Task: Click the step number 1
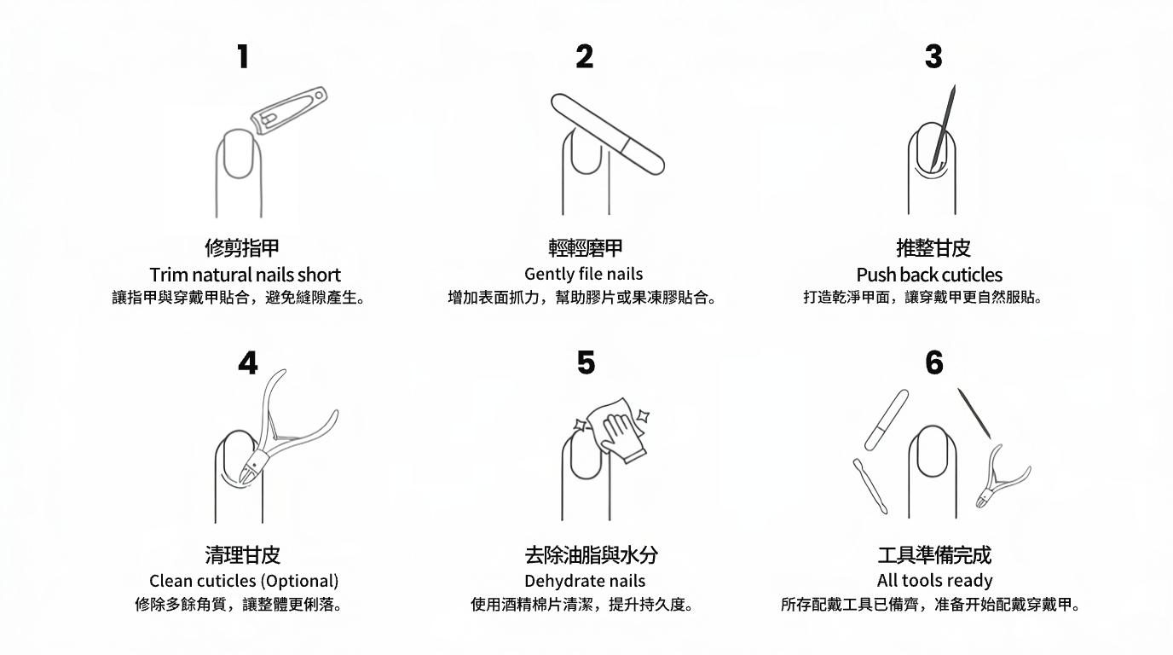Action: click(x=243, y=57)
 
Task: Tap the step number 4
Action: click(x=247, y=363)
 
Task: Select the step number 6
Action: click(x=934, y=363)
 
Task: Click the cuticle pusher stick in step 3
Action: click(x=944, y=128)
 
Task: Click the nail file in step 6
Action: click(x=887, y=420)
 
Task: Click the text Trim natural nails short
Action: click(x=245, y=275)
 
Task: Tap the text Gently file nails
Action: click(x=584, y=274)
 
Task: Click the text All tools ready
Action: click(x=934, y=581)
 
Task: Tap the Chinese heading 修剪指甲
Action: click(x=242, y=248)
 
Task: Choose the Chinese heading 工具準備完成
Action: click(x=934, y=555)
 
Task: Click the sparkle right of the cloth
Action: click(x=644, y=417)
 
